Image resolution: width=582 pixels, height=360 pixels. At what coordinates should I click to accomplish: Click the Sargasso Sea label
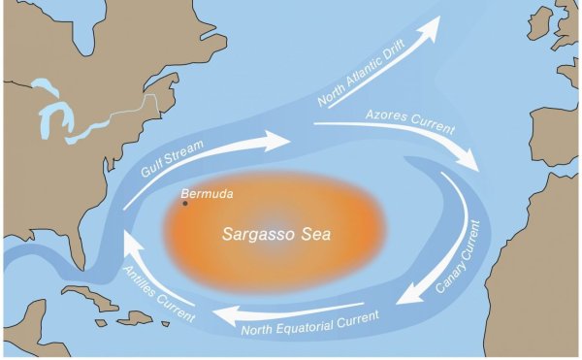265,235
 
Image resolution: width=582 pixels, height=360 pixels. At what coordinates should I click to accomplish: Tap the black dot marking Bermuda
185,202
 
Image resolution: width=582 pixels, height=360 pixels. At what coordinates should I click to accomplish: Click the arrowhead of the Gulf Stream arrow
281,140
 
